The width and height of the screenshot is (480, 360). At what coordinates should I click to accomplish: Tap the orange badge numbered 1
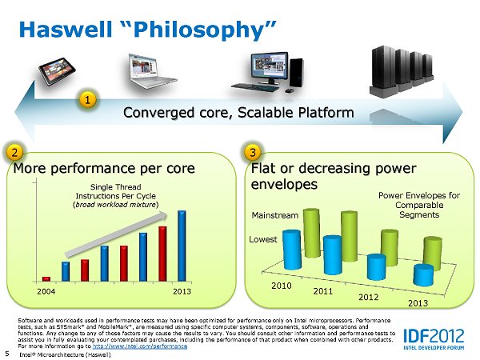click(x=88, y=100)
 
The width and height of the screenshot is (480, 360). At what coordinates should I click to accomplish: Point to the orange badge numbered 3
click(x=253, y=151)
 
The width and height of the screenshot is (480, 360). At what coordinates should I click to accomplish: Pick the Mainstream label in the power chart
click(x=274, y=215)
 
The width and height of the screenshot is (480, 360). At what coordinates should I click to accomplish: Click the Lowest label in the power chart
click(x=263, y=238)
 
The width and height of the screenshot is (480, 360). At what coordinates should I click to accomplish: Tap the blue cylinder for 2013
click(x=423, y=274)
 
